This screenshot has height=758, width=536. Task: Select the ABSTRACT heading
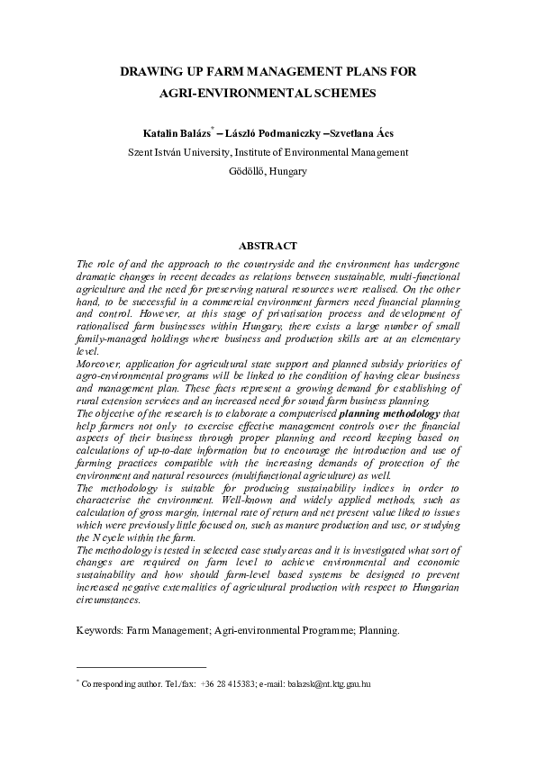[268, 246]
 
